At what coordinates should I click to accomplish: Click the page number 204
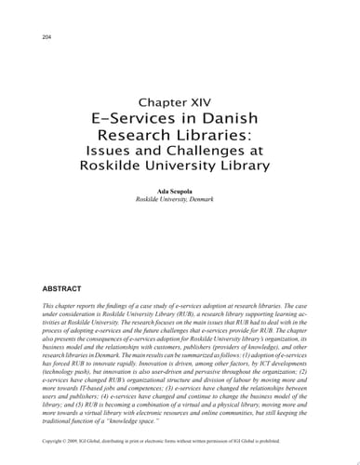pyautogui.click(x=47, y=36)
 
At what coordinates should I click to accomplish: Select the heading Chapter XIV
pyautogui.click(x=180, y=101)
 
